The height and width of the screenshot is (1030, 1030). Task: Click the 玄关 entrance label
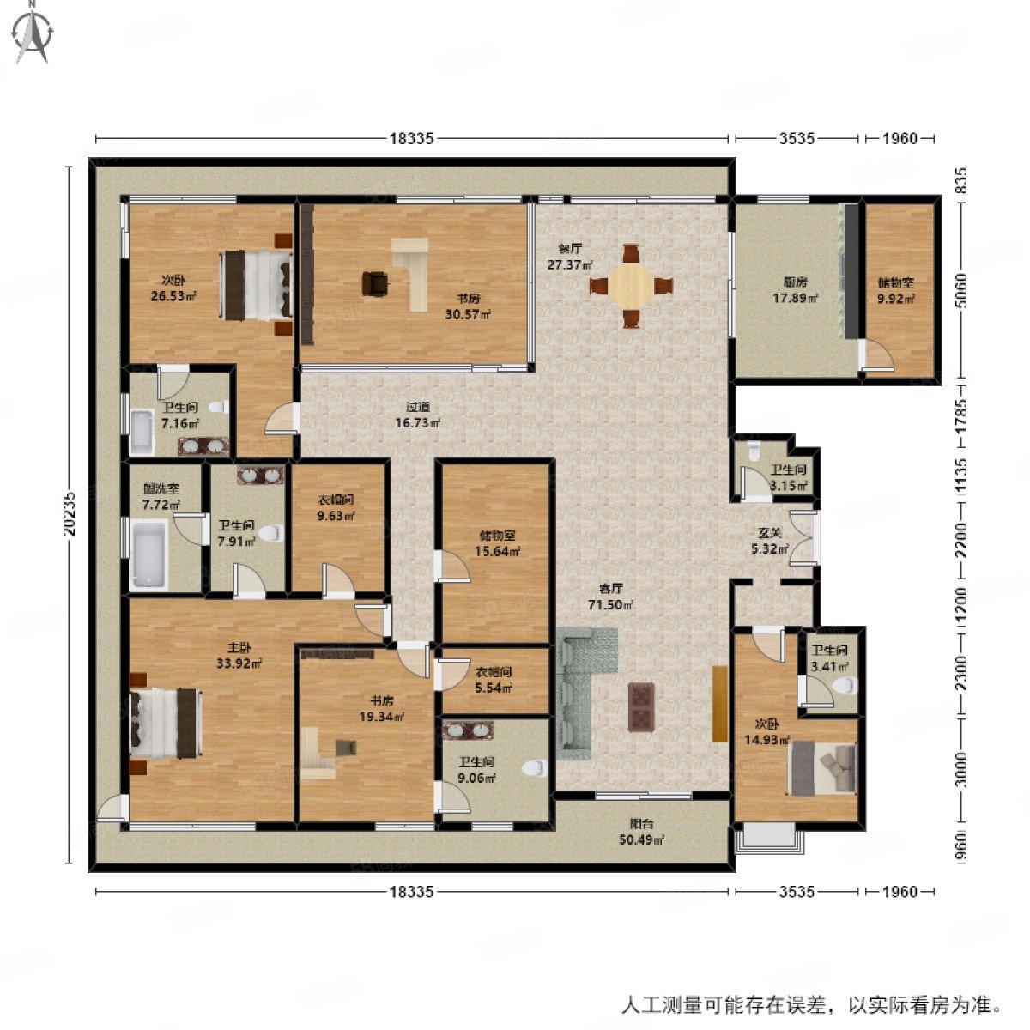coord(769,541)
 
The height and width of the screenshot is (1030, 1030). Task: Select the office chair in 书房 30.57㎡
coord(375,282)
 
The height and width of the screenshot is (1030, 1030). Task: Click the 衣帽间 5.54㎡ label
coord(494,680)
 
